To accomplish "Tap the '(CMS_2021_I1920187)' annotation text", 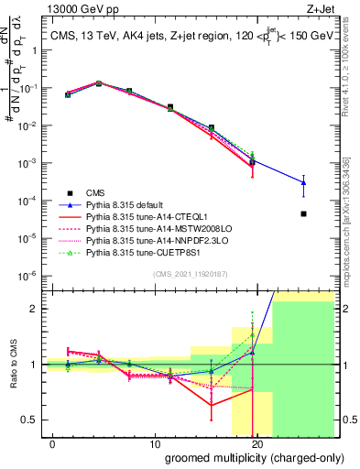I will pos(190,274).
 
